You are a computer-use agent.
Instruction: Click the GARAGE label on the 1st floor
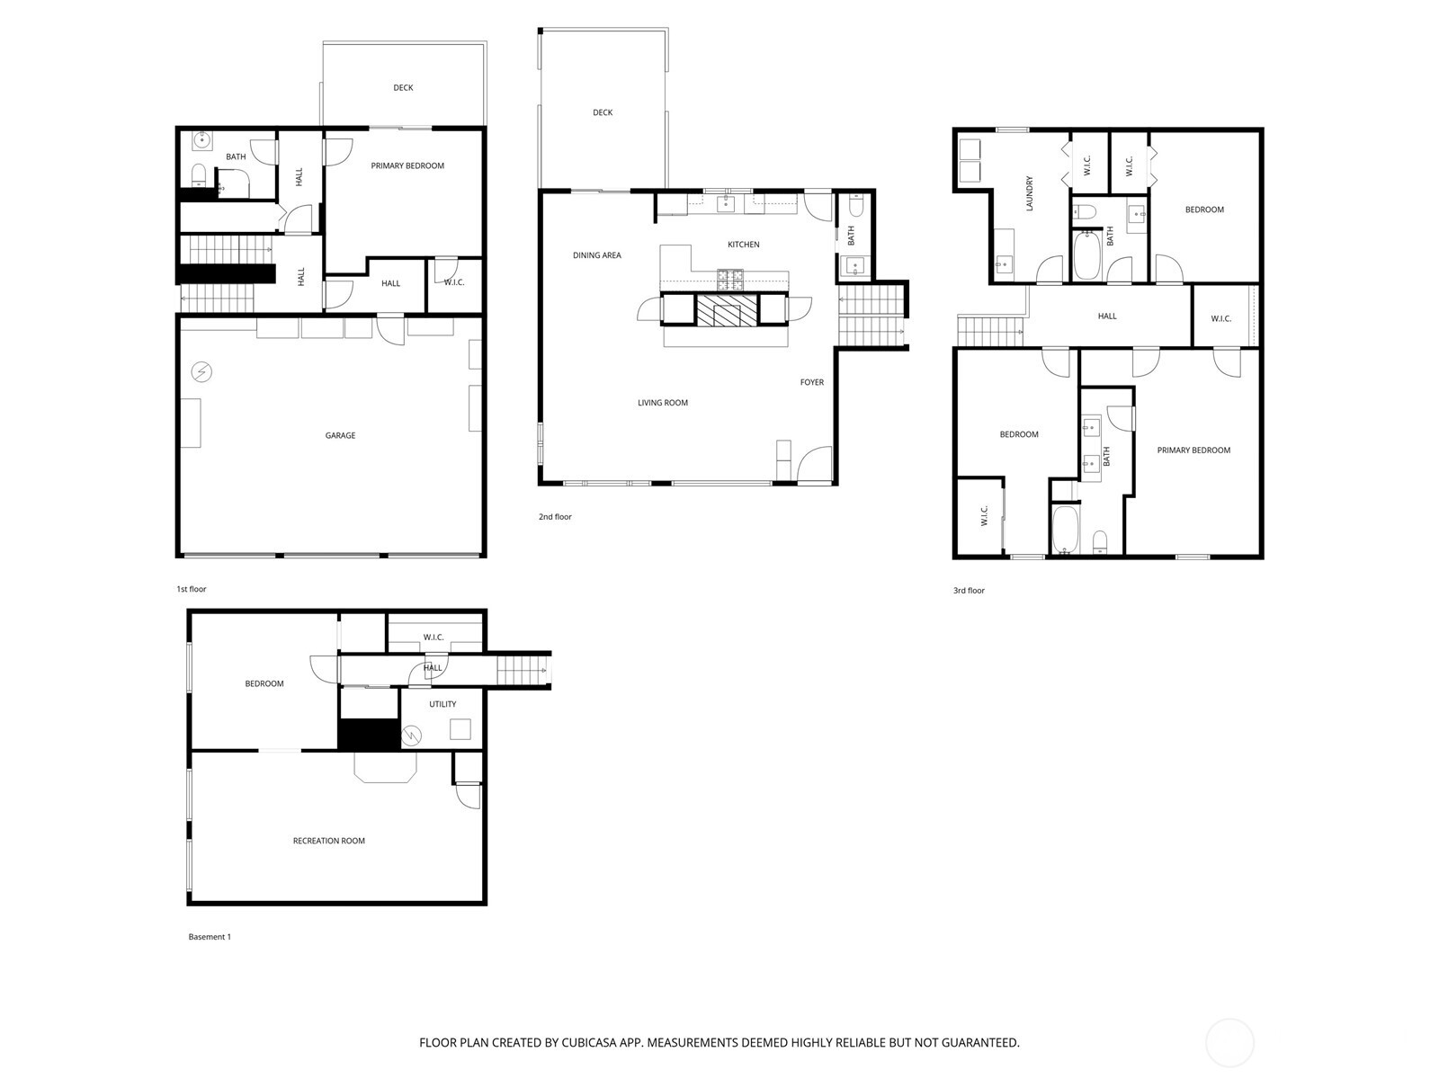[x=340, y=435]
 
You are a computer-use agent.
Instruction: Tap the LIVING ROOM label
[x=663, y=403]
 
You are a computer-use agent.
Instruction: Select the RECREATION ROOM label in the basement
[x=329, y=841]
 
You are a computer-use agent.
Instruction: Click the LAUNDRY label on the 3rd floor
[x=1030, y=193]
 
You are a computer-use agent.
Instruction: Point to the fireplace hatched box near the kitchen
[x=728, y=310]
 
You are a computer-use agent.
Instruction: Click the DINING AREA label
[x=597, y=255]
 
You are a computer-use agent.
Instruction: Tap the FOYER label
[x=812, y=382]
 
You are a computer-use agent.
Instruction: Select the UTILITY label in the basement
[x=442, y=704]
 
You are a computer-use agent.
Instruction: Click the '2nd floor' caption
[x=555, y=517]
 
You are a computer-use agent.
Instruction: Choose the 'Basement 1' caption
[x=210, y=937]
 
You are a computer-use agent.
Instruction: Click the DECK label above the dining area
[x=603, y=112]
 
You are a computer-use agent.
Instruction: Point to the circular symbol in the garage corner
[x=201, y=371]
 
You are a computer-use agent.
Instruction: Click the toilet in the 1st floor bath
[x=200, y=173]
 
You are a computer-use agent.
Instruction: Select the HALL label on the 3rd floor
[x=1107, y=316]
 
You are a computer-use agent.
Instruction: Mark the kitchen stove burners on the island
[x=728, y=280]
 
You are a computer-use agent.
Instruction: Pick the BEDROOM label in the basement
[x=264, y=683]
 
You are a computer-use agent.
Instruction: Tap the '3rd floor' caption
[x=969, y=591]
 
